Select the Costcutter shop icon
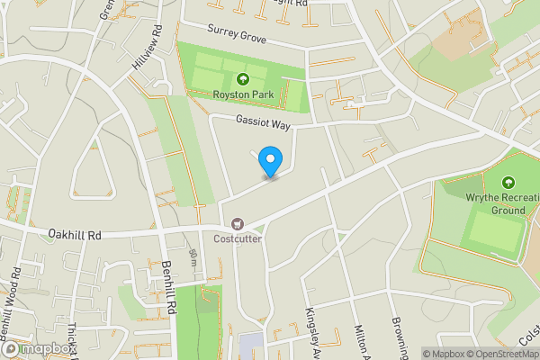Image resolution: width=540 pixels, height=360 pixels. [238, 223]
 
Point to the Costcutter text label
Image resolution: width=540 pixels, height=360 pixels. [238, 238]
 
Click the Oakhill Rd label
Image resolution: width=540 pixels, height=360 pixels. [76, 235]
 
